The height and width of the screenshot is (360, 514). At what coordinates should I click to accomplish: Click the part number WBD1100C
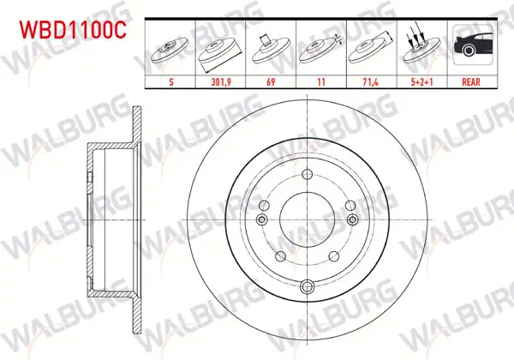coord(73,30)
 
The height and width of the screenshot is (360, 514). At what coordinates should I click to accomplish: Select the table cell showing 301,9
coord(221,81)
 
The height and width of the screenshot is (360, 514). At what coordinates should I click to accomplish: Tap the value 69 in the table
coord(271,81)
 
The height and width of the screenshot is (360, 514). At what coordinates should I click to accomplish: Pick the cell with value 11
coord(321,81)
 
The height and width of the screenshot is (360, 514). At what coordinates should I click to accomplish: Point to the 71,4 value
coord(370,81)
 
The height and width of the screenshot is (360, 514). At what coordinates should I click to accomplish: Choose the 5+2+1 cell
coord(421,81)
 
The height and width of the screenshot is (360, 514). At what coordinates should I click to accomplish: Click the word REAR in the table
coord(471,81)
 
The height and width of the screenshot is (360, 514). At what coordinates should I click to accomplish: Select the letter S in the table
coord(171,81)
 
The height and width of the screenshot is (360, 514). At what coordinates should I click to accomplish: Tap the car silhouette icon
coord(473,45)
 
